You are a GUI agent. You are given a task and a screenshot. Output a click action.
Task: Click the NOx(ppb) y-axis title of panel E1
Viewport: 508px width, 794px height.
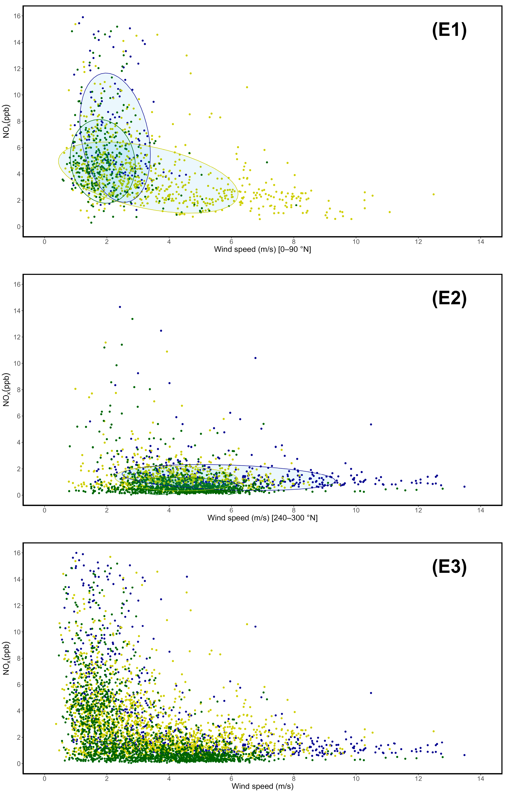pos(7,121)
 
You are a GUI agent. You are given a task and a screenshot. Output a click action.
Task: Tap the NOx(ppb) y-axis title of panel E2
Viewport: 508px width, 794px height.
pos(7,390)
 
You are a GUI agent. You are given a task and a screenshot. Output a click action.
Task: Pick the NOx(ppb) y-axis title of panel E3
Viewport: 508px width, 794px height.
pos(7,658)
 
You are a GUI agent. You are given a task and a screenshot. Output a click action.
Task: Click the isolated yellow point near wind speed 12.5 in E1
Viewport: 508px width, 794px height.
pos(433,194)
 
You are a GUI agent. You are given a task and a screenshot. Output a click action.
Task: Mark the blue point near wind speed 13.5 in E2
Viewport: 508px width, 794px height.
pos(464,487)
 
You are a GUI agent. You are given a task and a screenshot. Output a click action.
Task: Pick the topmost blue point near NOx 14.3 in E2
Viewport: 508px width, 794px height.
pos(120,307)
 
